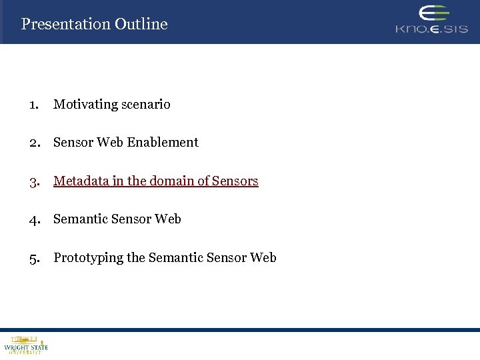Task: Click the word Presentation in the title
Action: click(x=65, y=24)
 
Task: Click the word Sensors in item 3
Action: click(x=235, y=181)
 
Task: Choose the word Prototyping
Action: click(x=88, y=258)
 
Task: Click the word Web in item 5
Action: click(x=263, y=258)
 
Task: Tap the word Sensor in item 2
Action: click(x=73, y=143)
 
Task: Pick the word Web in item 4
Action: click(x=168, y=219)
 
